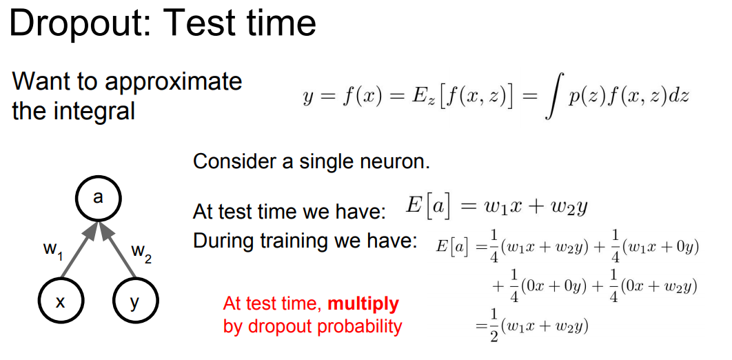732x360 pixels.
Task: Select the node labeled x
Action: point(60,301)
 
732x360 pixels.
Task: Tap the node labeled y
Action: point(135,301)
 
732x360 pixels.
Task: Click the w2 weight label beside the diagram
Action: point(142,253)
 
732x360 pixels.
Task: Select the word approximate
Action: point(173,81)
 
